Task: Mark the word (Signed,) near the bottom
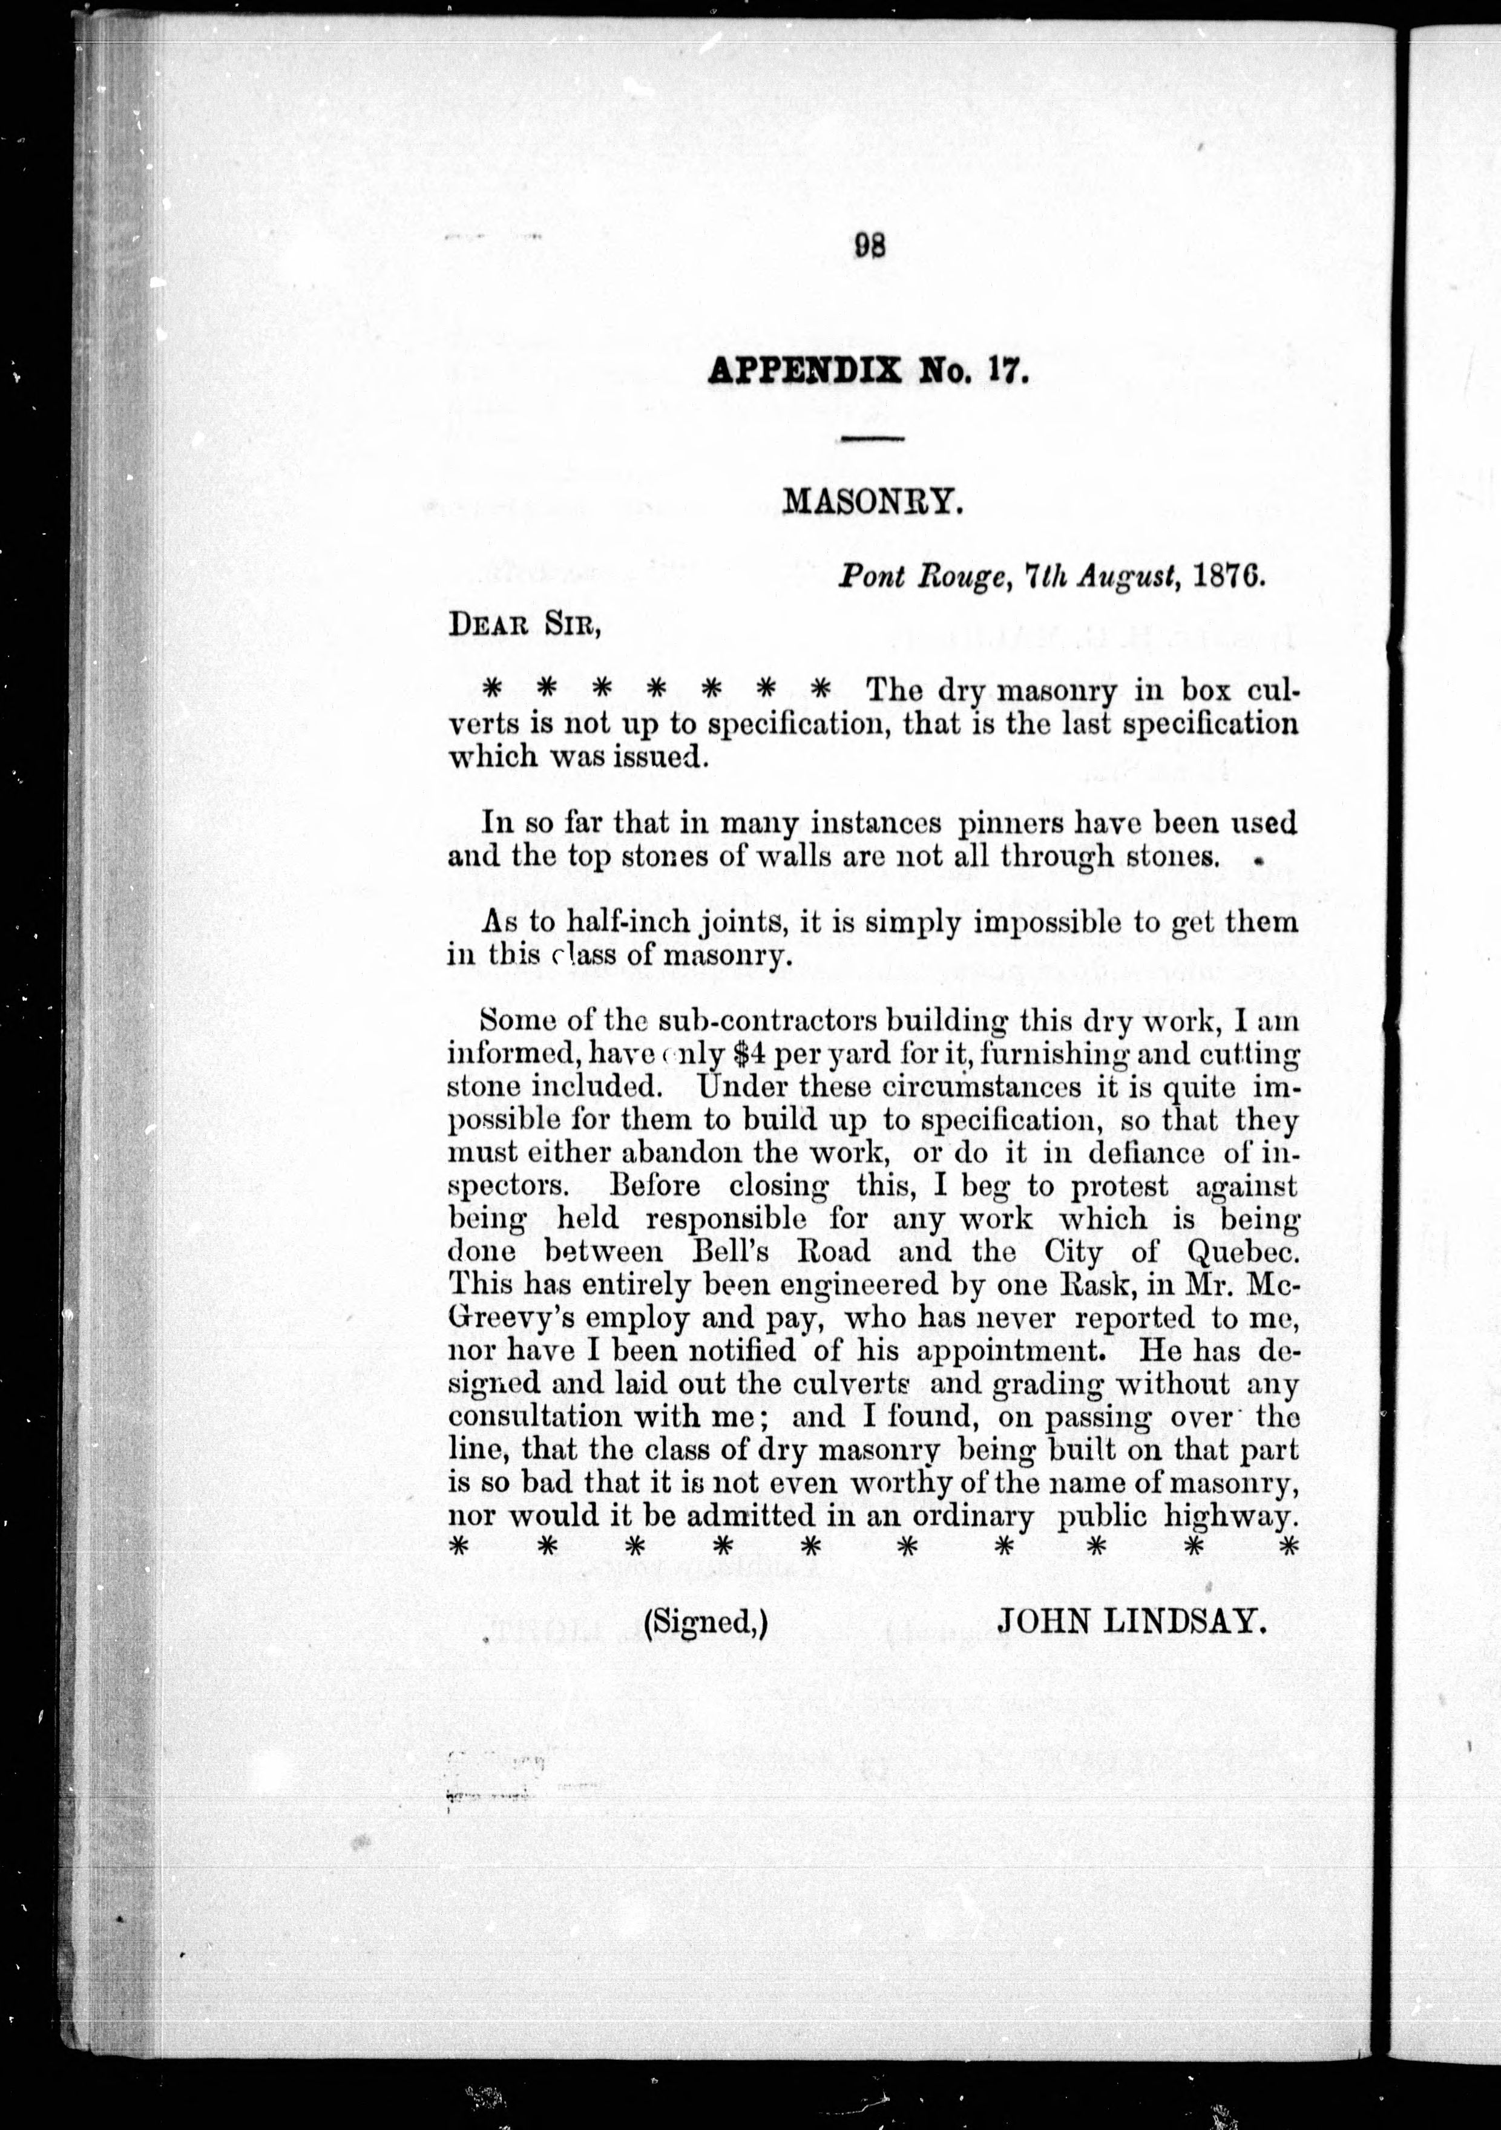pos(705,1622)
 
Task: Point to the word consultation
pos(533,1418)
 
